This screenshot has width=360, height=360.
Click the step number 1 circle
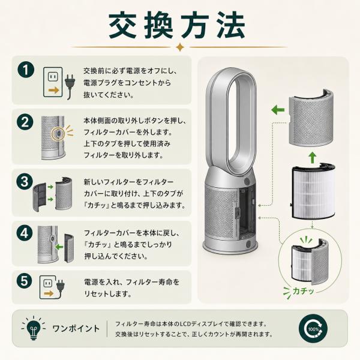tap(26, 70)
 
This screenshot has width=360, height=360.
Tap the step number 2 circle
tap(25, 122)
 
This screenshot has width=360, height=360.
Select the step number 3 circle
tap(25, 181)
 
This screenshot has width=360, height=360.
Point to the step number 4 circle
tap(25, 233)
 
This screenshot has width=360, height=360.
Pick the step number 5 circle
tap(24, 281)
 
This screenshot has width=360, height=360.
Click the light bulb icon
tap(33, 328)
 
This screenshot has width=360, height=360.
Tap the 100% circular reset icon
tap(313, 329)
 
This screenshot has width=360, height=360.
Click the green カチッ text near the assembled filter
tap(303, 292)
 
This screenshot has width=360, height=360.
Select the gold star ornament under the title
tap(180, 47)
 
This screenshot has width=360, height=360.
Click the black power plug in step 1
tap(70, 86)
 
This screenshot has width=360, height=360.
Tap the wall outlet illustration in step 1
tap(53, 82)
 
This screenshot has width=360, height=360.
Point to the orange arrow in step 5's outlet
tap(49, 293)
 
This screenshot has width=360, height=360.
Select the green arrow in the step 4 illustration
tap(59, 247)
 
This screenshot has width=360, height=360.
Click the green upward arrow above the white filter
tap(312, 157)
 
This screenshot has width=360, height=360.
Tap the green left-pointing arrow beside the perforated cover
tap(278, 110)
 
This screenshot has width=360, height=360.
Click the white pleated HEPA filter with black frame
tap(313, 191)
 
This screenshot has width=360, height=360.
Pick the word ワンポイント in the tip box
tap(76, 328)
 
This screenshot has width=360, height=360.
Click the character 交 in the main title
tap(124, 25)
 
